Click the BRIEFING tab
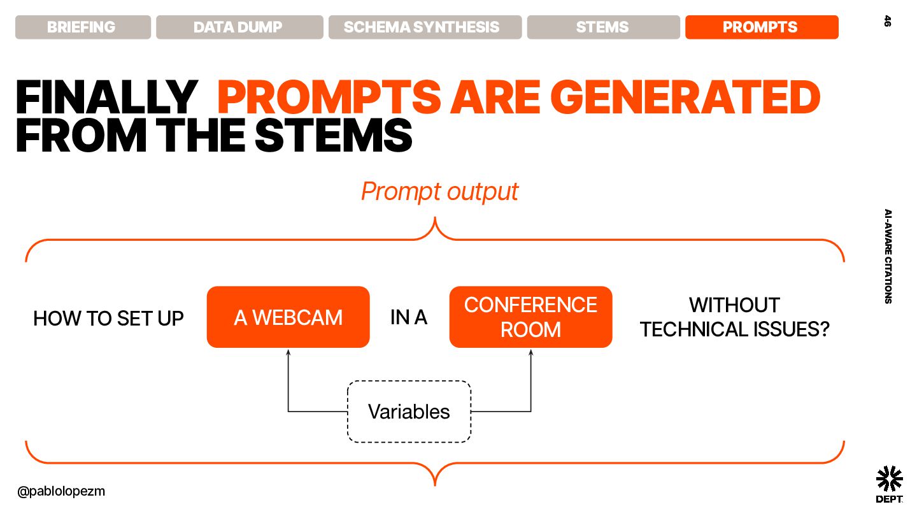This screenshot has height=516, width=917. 83,27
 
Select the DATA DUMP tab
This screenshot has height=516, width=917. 239,27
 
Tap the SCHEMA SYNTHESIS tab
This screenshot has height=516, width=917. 425,27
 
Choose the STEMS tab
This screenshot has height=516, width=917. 604,27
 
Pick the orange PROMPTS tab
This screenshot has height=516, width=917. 762,27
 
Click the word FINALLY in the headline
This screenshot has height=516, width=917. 107,97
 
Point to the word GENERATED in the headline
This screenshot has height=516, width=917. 685,97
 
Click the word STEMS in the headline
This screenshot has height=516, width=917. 333,136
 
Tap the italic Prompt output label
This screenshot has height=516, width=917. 439,192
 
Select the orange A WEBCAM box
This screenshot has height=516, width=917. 288,317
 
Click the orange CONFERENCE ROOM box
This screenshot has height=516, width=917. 530,317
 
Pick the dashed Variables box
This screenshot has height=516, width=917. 409,412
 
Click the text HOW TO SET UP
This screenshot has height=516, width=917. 108,319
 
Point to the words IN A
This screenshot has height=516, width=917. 409,317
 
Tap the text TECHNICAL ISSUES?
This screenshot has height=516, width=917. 735,329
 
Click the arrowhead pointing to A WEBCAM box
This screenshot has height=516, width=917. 288,352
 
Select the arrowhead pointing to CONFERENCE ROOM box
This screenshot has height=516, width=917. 531,352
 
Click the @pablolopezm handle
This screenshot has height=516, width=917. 61,491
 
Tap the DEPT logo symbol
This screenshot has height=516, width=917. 889,478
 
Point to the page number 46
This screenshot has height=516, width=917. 887,21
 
